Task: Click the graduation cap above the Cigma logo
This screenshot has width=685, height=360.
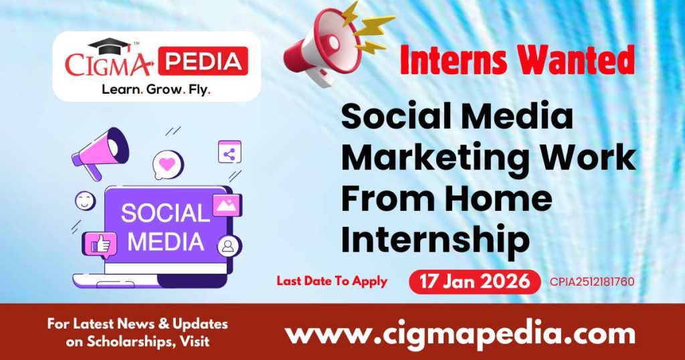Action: tap(110, 47)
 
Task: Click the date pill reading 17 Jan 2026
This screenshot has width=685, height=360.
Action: tap(474, 281)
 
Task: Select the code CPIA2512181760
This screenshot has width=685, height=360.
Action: tap(591, 282)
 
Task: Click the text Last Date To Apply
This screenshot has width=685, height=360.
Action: tap(332, 281)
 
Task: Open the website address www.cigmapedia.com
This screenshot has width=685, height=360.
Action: tap(460, 333)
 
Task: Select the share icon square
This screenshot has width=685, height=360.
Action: tap(229, 153)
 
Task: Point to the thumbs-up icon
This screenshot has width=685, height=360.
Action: tap(100, 245)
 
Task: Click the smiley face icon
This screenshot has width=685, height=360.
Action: tap(86, 201)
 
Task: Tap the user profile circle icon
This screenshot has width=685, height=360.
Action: tap(229, 246)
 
